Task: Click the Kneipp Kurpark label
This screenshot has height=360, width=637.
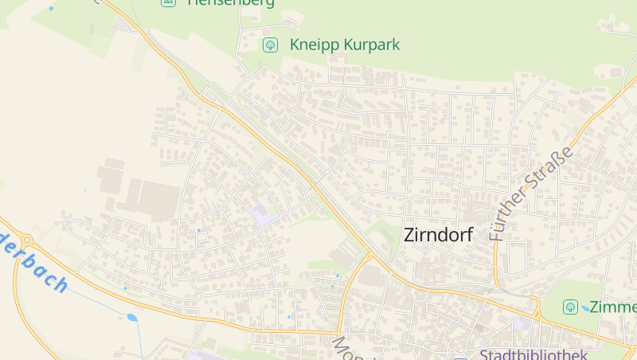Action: pyautogui.click(x=344, y=45)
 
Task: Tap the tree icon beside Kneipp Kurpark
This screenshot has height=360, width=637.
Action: pyautogui.click(x=270, y=45)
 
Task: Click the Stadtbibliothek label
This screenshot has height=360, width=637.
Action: pyautogui.click(x=533, y=354)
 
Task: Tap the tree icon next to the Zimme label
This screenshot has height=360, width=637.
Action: pyautogui.click(x=570, y=307)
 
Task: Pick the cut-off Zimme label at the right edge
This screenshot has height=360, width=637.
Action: pyautogui.click(x=612, y=307)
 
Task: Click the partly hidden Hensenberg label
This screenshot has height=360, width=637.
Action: pyautogui.click(x=231, y=3)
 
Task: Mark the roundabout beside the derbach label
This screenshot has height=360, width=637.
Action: pyautogui.click(x=26, y=239)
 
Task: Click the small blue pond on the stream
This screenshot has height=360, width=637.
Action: pyautogui.click(x=132, y=318)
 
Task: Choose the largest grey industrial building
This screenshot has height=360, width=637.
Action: pyautogui.click(x=160, y=200)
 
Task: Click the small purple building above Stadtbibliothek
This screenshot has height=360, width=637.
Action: pyautogui.click(x=521, y=324)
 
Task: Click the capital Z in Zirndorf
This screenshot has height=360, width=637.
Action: pyautogui.click(x=410, y=235)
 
